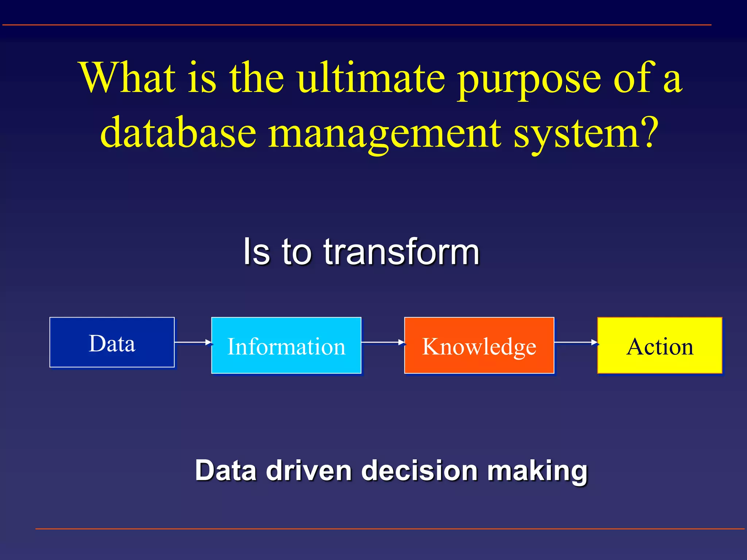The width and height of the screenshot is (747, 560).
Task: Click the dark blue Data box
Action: pyautogui.click(x=112, y=342)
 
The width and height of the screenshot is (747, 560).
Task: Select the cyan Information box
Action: pyautogui.click(x=286, y=345)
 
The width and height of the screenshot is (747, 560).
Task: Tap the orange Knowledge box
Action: pyautogui.click(x=479, y=345)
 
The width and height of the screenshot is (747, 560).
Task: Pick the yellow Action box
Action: pyautogui.click(x=660, y=345)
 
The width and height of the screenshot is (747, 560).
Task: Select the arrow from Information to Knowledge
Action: pyautogui.click(x=383, y=342)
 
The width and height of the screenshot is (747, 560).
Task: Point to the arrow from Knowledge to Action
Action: pyautogui.click(x=576, y=342)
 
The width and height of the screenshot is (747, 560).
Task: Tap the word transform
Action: pyautogui.click(x=401, y=252)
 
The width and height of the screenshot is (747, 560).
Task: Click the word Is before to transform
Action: pyautogui.click(x=257, y=252)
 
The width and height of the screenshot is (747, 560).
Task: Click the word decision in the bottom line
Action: pyautogui.click(x=419, y=471)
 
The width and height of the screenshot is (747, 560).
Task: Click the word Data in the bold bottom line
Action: pyautogui.click(x=226, y=471)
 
